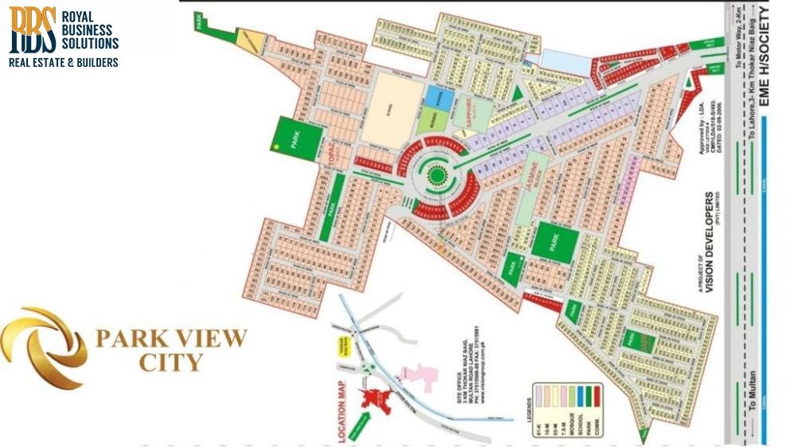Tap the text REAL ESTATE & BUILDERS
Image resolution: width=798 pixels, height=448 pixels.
pyautogui.click(x=64, y=62)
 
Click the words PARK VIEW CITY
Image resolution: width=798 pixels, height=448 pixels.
pyautogui.click(x=170, y=350)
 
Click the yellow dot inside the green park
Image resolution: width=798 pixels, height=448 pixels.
pyautogui.click(x=276, y=147)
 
